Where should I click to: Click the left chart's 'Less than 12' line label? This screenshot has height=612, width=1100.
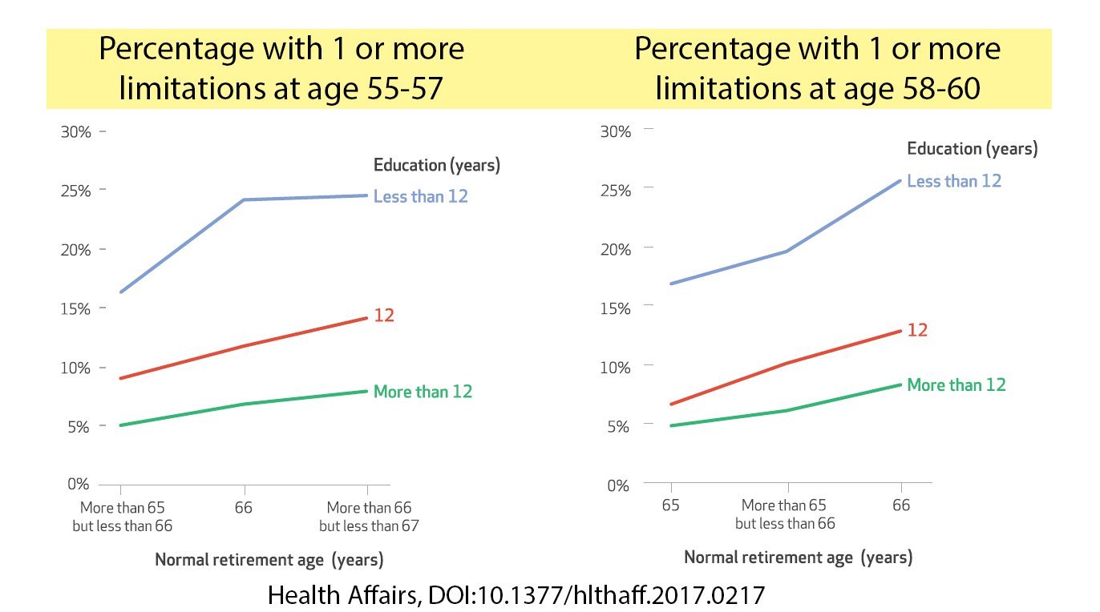click(x=420, y=196)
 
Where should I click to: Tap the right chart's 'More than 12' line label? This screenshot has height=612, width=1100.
click(x=956, y=385)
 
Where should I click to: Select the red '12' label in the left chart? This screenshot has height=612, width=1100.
click(x=384, y=316)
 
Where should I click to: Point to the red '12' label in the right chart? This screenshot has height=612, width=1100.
click(x=916, y=330)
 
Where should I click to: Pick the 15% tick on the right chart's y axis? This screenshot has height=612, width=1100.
click(x=615, y=308)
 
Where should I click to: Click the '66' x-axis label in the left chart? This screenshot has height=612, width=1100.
click(x=244, y=508)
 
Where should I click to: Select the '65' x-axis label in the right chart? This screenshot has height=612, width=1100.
click(x=670, y=505)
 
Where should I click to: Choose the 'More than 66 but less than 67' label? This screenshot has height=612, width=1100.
click(x=369, y=517)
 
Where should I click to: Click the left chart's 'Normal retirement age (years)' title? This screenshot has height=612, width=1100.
click(x=269, y=559)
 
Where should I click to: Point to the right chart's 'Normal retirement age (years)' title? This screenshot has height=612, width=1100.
click(x=798, y=558)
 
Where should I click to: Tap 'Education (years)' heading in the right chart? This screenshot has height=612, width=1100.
click(x=972, y=148)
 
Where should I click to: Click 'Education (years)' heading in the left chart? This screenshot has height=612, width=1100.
click(x=436, y=165)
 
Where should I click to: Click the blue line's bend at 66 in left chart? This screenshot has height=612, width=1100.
click(x=244, y=199)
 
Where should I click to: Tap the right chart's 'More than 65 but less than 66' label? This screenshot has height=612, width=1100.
click(x=784, y=514)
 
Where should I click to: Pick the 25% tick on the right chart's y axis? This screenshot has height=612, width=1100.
click(x=615, y=189)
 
